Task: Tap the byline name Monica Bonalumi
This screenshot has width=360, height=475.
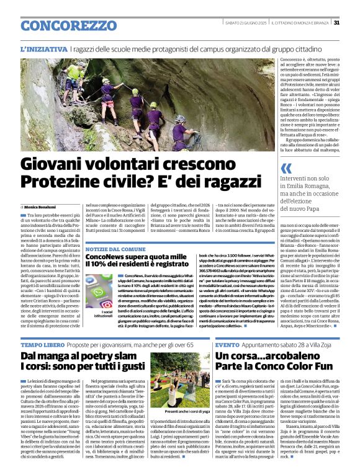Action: click(x=42, y=206)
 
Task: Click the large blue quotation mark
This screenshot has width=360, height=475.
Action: click(x=286, y=168)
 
